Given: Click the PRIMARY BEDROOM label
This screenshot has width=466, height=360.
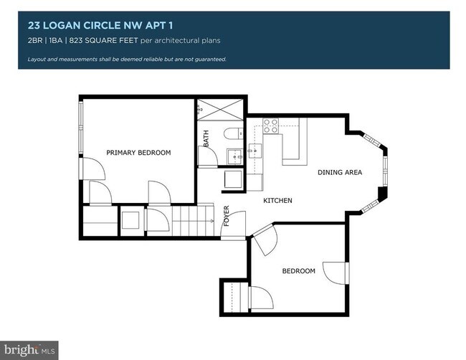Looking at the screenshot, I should click(x=138, y=153).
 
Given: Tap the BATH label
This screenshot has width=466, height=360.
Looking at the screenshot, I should click(x=206, y=138).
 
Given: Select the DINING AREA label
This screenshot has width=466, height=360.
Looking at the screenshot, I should click(x=340, y=172).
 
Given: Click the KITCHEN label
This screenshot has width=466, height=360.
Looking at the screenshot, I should click(x=277, y=200).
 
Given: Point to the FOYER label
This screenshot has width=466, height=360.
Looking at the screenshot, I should click(x=227, y=217).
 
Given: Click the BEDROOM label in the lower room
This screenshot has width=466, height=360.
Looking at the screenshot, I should click(x=298, y=270).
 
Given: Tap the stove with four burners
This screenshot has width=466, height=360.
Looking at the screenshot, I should click(x=271, y=126).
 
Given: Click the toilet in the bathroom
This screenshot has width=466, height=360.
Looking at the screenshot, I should click(x=232, y=133).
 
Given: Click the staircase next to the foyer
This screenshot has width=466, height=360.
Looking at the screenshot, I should click(x=196, y=218).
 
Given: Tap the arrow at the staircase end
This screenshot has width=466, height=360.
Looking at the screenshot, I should click(x=212, y=222).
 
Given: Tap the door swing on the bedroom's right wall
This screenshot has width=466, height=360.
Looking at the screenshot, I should click(x=335, y=273).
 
